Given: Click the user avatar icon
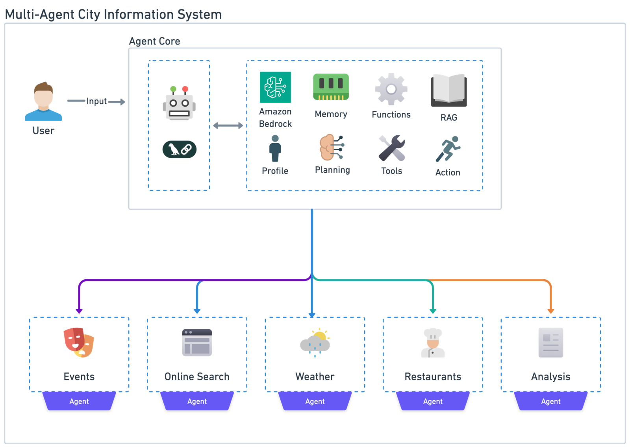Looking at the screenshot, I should (x=43, y=101).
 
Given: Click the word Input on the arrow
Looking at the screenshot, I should (x=96, y=101).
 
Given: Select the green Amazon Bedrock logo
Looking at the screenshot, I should (x=276, y=87).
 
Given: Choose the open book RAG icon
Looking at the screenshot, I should (x=449, y=90).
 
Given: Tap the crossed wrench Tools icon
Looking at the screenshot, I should (x=391, y=148).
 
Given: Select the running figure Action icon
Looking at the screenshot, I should (x=448, y=149).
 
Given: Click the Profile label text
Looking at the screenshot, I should (x=275, y=171).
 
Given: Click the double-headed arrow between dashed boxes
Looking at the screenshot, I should (x=228, y=125).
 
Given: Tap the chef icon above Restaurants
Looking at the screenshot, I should (x=433, y=343).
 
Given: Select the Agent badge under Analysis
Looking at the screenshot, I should (x=550, y=401).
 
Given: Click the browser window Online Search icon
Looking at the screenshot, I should (x=197, y=343).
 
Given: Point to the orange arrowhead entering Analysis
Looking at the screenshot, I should (x=550, y=311).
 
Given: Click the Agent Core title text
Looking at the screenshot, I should (x=154, y=41).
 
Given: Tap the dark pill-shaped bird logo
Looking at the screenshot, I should (x=179, y=149).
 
